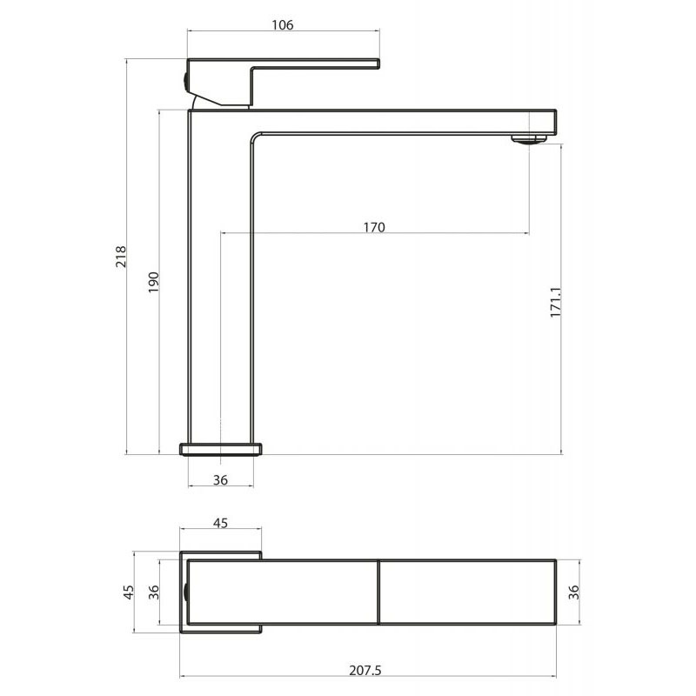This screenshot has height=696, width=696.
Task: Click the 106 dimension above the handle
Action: click(283, 25)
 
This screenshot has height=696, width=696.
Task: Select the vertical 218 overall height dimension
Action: click(121, 256)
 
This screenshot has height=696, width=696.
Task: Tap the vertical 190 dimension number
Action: click(153, 282)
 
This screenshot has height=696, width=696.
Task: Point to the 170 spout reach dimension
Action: click(374, 227)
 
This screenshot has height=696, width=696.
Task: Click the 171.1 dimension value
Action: click(556, 302)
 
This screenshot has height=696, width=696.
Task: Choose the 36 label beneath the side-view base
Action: click(220, 480)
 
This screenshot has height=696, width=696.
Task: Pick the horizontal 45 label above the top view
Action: click(220, 523)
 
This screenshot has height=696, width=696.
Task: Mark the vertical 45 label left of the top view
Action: click(128, 592)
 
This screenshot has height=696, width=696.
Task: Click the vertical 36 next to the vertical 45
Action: click(154, 592)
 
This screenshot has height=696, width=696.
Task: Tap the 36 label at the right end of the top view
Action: click(574, 592)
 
